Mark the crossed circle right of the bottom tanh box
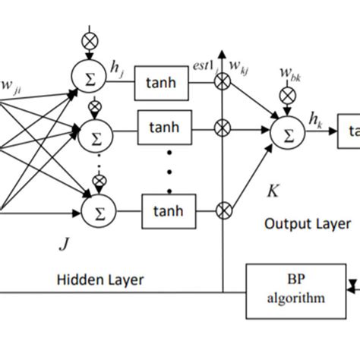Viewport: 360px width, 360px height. point(223,206)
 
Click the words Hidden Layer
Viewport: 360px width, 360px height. point(99,280)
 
